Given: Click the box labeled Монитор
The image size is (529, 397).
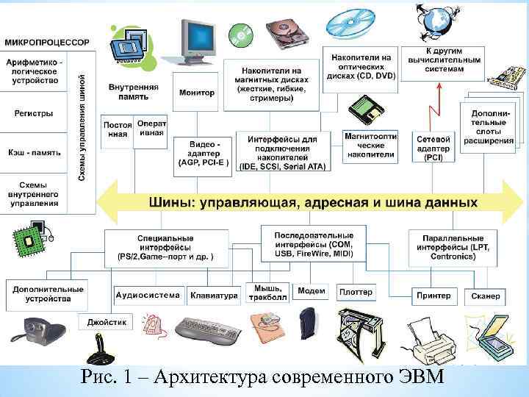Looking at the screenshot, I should [196, 93].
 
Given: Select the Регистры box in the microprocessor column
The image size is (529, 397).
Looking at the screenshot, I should [34, 113].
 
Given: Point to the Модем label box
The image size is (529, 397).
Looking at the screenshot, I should [311, 291].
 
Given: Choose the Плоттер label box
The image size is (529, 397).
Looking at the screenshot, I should [356, 293].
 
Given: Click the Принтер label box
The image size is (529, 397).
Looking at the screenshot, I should [433, 296].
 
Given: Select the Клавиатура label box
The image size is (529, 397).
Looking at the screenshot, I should [214, 296].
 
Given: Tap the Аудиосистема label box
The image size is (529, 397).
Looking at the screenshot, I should [148, 296].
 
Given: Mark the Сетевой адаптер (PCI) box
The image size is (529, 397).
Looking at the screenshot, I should [434, 147].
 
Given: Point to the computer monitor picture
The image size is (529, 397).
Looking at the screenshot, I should [196, 39].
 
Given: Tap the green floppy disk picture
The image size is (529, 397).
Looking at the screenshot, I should [365, 112].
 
